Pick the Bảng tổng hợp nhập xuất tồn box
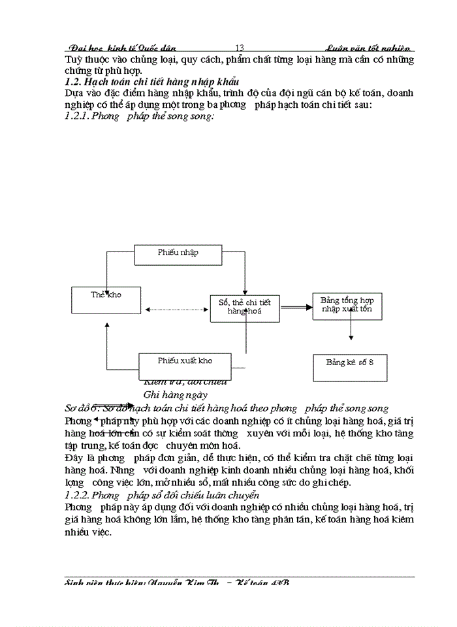click(347, 306)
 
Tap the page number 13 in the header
click(239, 48)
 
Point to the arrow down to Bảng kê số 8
click(351, 330)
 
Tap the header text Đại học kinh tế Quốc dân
click(122, 48)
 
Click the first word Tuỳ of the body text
click(74, 59)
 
